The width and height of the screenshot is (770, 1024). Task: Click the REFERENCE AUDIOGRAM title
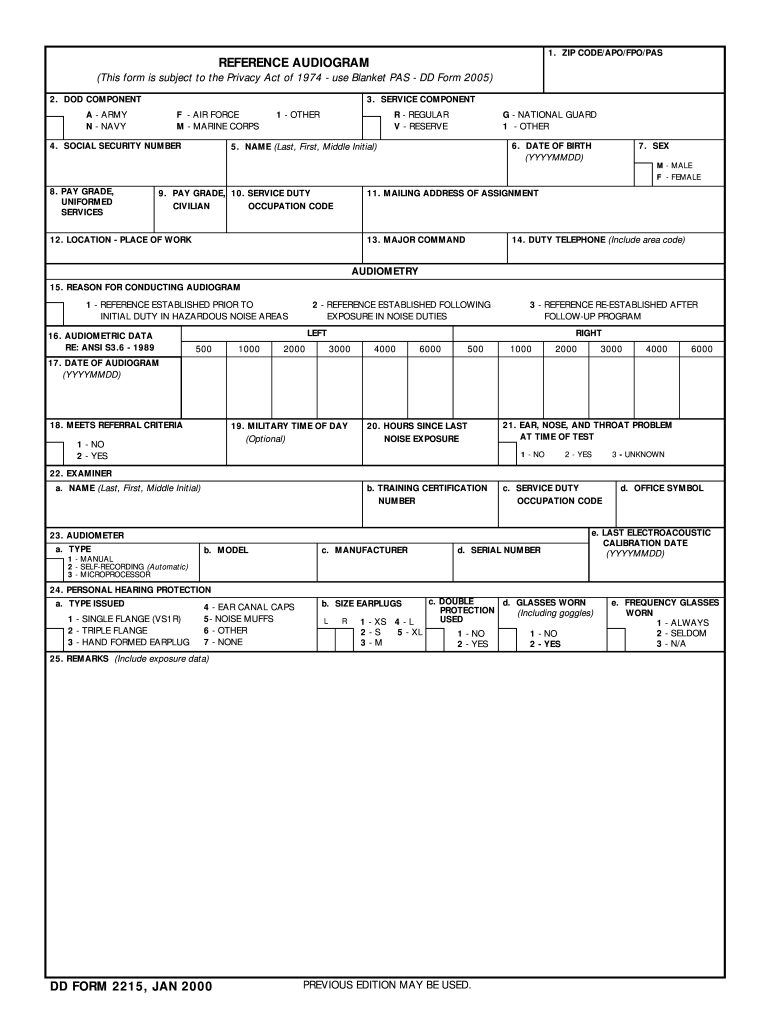294,62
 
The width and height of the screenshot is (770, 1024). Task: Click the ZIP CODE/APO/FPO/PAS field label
610,52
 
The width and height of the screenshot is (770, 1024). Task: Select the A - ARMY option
106,115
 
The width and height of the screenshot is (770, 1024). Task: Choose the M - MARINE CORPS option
217,127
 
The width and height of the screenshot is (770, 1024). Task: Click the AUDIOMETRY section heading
385,272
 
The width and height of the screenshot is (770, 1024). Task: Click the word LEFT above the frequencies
317,332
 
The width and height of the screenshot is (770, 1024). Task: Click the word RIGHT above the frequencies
588,332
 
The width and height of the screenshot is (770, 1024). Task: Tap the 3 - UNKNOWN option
638,455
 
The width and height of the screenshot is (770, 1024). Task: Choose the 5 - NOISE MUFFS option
238,619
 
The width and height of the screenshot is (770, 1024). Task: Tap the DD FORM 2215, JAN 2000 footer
131,988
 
